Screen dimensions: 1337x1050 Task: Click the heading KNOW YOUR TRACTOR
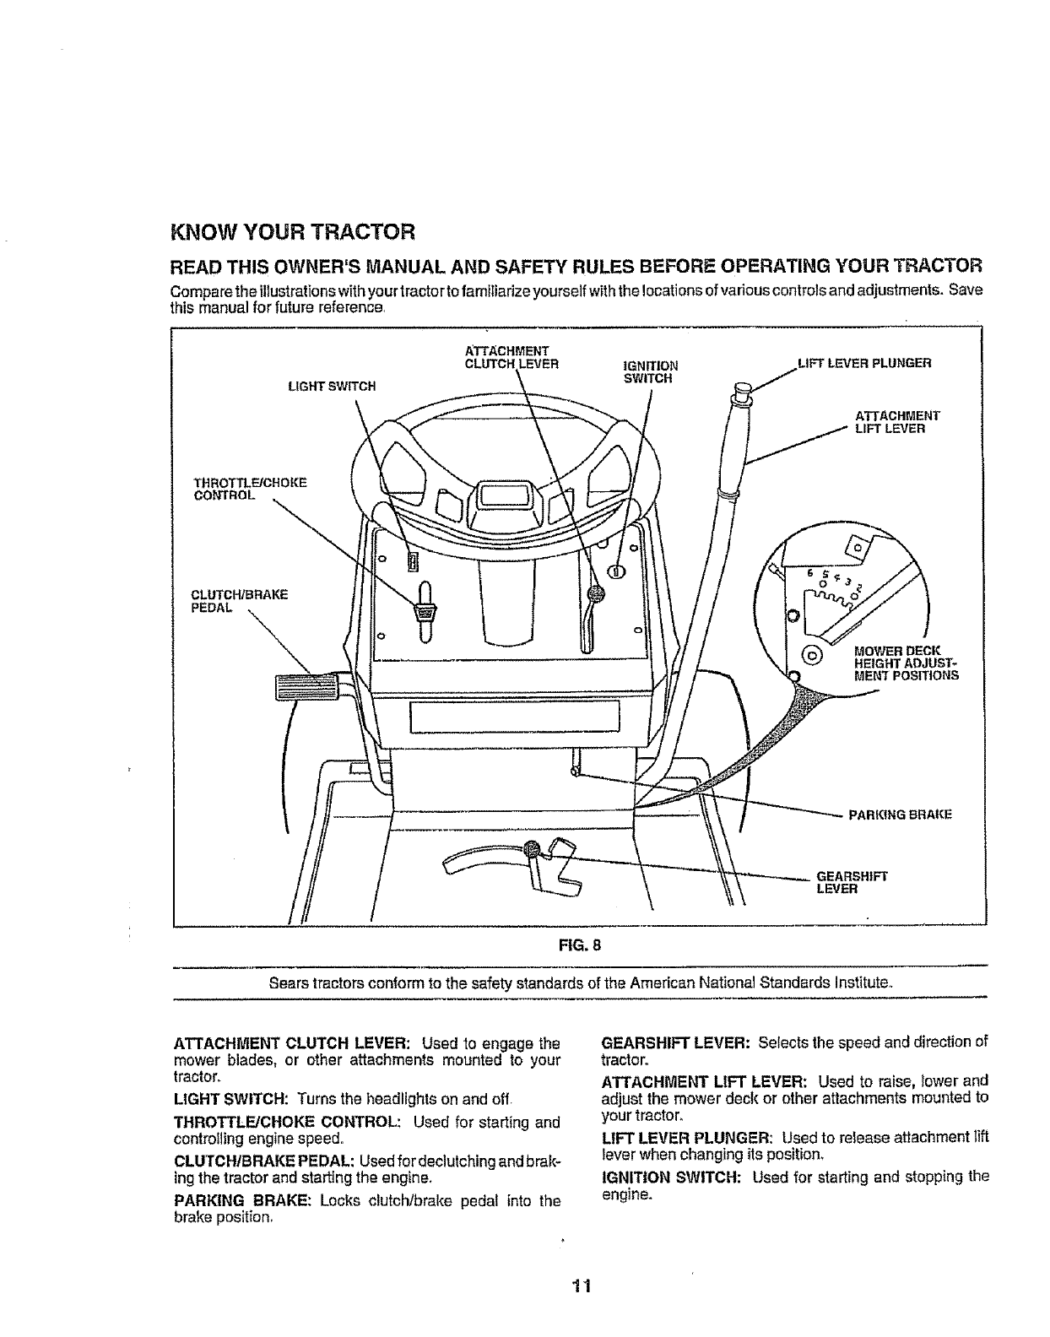point(293,230)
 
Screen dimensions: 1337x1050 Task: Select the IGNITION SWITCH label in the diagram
point(650,372)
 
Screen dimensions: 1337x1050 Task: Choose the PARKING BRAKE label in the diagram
point(887,815)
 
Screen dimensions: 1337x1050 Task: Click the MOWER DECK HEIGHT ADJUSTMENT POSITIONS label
point(906,663)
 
